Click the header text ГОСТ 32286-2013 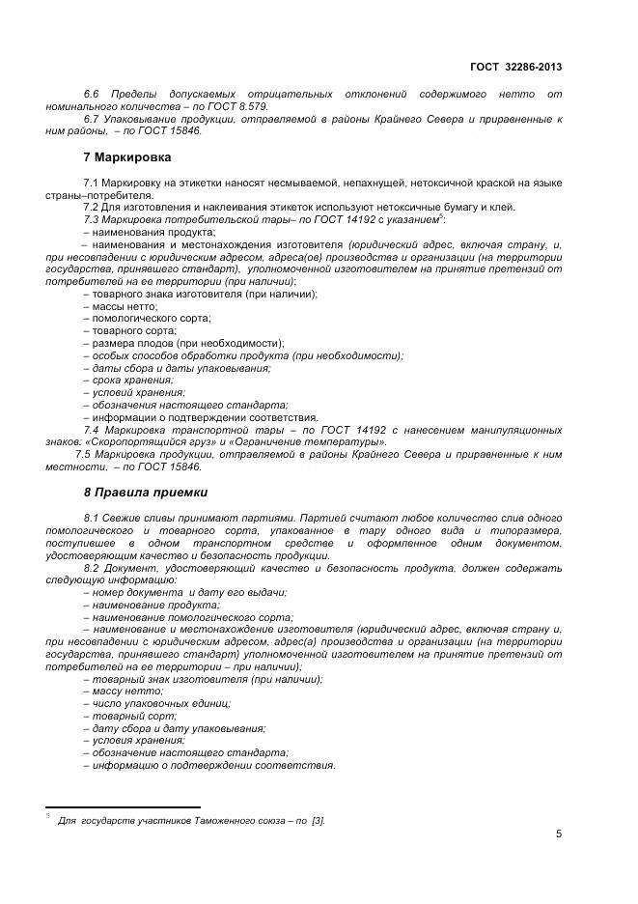[x=516, y=67]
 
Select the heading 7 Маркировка [x=128, y=156]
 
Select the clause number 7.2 [x=93, y=207]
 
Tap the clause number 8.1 [x=93, y=519]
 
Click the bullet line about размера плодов [x=183, y=343]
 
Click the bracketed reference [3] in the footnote [x=318, y=820]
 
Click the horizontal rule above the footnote [x=123, y=807]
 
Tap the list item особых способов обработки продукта [x=243, y=355]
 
